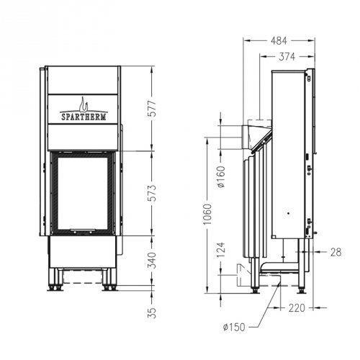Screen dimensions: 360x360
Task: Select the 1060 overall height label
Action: [x=207, y=217]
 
